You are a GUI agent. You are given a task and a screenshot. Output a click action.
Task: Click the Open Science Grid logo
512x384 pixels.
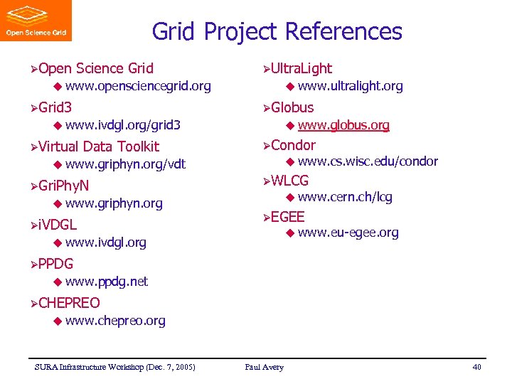coord(37,21)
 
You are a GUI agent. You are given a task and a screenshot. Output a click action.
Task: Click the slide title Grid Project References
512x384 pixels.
coord(277,31)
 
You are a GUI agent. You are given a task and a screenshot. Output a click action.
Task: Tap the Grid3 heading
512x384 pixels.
coord(55,107)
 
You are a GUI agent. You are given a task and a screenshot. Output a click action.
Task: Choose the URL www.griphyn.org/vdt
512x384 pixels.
coord(125,164)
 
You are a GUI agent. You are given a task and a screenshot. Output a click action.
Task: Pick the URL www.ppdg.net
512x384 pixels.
coord(106,282)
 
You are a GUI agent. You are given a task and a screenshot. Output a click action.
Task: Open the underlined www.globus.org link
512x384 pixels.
coord(343,125)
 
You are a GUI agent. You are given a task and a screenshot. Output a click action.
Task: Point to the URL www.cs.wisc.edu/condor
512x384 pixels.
coord(368,161)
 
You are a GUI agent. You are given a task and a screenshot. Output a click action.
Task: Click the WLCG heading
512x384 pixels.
coord(289,181)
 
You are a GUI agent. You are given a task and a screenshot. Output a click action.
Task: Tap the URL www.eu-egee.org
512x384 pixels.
coord(348,233)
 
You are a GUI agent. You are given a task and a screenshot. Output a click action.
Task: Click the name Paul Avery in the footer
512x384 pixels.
coord(264,367)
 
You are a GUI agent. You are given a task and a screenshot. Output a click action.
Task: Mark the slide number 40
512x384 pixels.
coord(476,367)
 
